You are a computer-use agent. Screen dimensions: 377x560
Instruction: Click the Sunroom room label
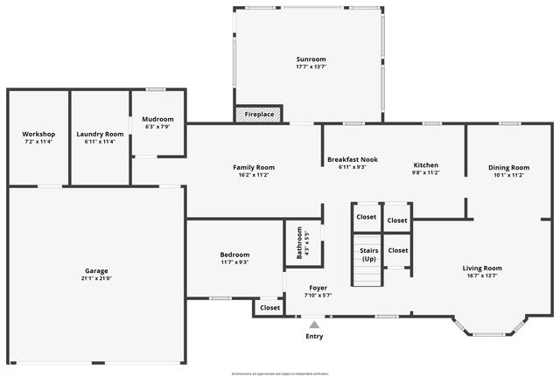tap(304, 59)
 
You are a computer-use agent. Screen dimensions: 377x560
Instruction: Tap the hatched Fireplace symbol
tap(241, 115)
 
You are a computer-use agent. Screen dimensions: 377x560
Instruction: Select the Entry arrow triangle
tap(314, 325)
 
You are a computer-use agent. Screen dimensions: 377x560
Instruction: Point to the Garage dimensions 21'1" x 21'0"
tap(97, 279)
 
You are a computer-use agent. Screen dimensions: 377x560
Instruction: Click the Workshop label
tap(38, 134)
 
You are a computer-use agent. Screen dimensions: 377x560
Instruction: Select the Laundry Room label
tap(100, 134)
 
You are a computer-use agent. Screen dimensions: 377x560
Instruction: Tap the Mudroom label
tap(157, 119)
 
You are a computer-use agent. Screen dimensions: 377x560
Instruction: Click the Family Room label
tap(254, 167)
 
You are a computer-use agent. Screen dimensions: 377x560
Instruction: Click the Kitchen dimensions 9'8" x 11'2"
tap(426, 173)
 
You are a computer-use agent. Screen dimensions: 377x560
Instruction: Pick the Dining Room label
tap(508, 167)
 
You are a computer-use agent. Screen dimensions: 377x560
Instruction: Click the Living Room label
tap(482, 268)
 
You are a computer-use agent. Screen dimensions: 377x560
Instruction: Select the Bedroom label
tap(234, 255)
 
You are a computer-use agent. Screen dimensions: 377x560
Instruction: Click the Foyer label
tap(318, 287)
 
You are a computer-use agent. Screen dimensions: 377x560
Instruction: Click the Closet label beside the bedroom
tap(269, 308)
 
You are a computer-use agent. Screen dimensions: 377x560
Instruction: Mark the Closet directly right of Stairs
tap(397, 250)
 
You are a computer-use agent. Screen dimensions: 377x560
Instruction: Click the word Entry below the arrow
tap(314, 336)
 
